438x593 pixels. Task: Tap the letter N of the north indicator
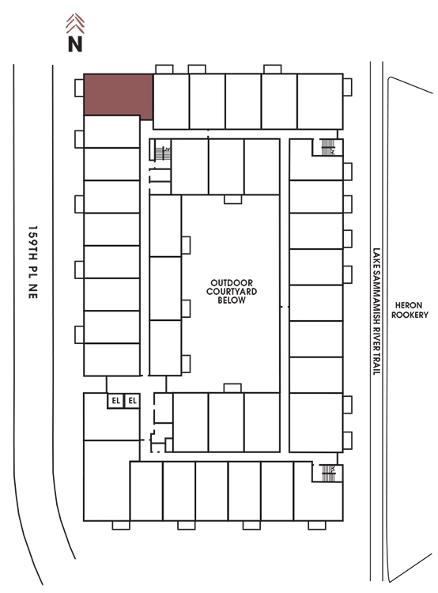click(75, 43)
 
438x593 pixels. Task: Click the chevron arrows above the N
click(75, 24)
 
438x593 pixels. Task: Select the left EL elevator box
click(115, 401)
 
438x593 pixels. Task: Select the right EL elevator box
click(132, 401)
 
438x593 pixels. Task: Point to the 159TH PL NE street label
click(33, 263)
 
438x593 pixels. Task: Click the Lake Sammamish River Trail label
click(376, 312)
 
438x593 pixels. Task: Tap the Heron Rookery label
click(410, 310)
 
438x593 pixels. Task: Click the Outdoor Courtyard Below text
click(232, 292)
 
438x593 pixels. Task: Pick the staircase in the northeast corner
click(328, 147)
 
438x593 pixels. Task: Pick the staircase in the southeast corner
click(328, 473)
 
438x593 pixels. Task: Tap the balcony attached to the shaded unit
click(79, 88)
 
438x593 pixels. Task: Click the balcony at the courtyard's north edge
click(232, 199)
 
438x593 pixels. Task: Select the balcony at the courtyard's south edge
click(232, 388)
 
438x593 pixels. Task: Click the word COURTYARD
click(232, 292)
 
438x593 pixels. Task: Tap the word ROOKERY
click(410, 315)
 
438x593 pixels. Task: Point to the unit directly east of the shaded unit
click(171, 101)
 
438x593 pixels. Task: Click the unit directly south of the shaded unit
click(112, 131)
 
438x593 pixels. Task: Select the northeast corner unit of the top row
click(320, 101)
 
